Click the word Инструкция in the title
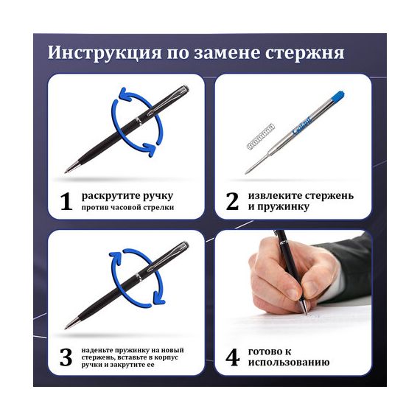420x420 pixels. (105, 53)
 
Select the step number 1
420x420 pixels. (66, 201)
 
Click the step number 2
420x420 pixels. (232, 201)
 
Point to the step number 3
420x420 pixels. (66, 357)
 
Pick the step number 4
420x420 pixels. (232, 357)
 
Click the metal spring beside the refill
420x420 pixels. (260, 137)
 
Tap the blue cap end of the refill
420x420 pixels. (338, 97)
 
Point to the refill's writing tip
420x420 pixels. (246, 172)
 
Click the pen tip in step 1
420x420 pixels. (66, 172)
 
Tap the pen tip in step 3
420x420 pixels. (66, 327)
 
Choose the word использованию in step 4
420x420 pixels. (289, 363)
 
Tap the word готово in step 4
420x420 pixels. (266, 351)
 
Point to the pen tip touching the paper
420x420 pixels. (307, 312)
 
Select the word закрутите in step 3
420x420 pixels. (127, 365)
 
